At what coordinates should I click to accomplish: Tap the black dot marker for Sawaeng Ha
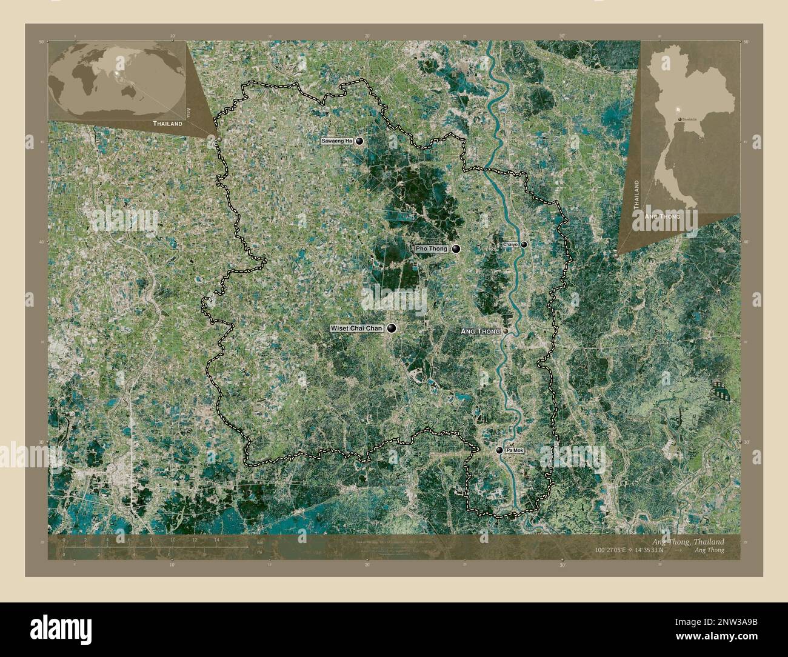[360, 141]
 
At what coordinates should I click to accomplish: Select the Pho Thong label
[432, 248]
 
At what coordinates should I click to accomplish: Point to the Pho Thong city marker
[455, 248]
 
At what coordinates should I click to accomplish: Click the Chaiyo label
[510, 244]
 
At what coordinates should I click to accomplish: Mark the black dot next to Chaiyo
[524, 244]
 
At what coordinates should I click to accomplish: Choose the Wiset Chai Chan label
[356, 328]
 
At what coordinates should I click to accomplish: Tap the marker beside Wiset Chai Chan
[392, 328]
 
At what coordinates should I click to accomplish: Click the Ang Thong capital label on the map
[480, 332]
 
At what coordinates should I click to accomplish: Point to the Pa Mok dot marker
[499, 450]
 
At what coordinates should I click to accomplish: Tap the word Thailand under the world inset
[167, 123]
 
